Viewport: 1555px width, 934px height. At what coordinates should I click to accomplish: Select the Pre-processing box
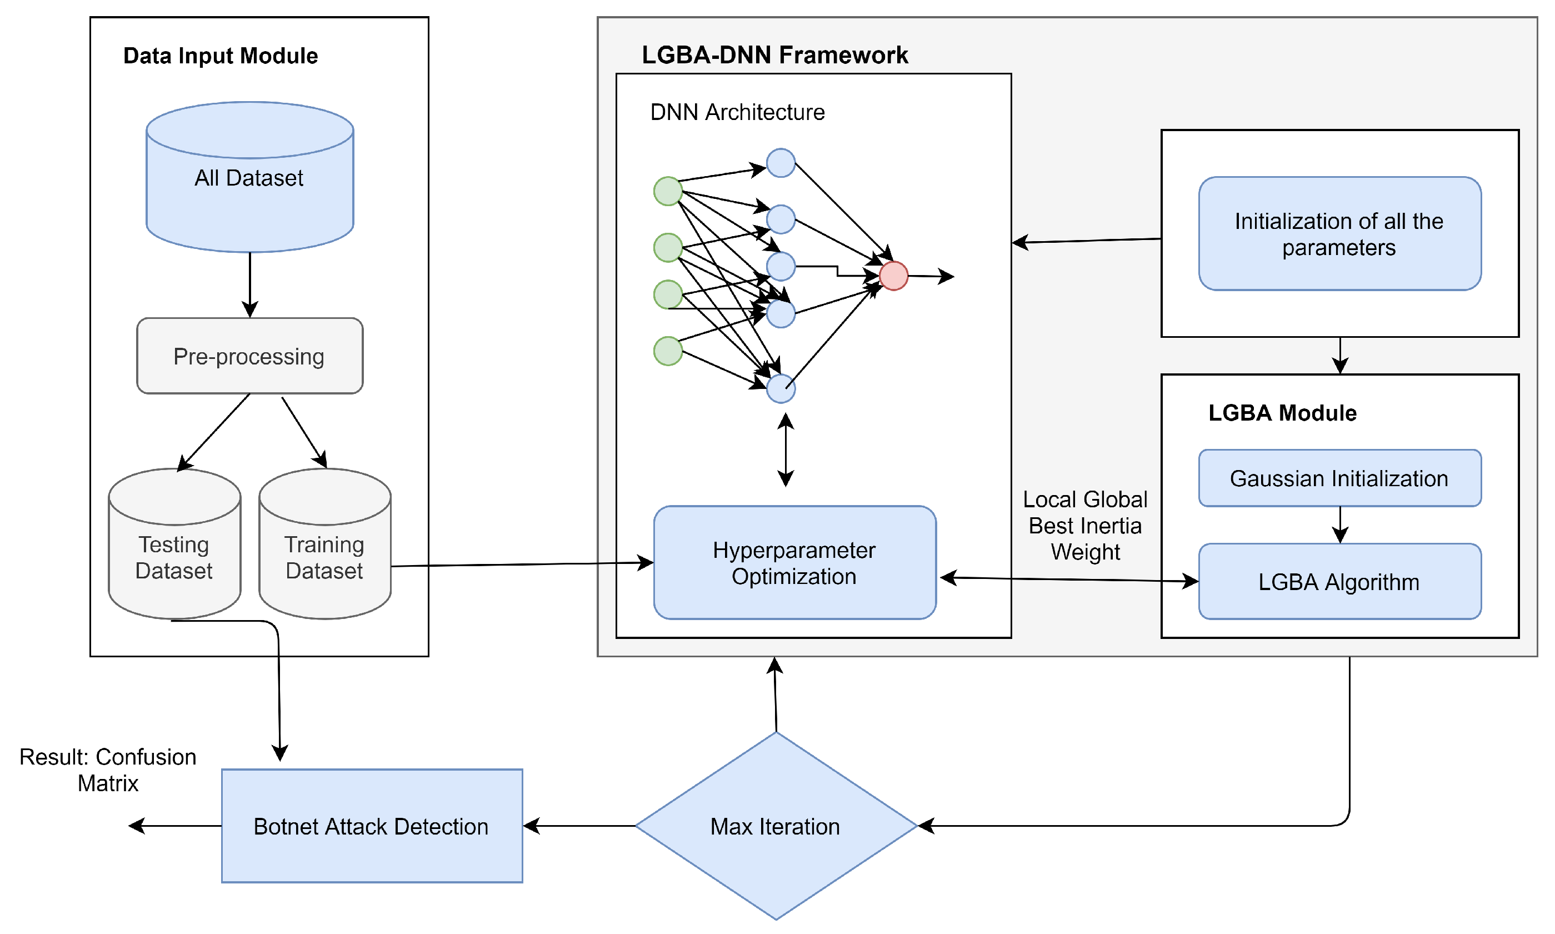tap(250, 356)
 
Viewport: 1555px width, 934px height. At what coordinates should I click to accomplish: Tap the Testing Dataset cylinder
tap(174, 557)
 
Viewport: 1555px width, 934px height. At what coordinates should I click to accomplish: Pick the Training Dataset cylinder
tap(324, 557)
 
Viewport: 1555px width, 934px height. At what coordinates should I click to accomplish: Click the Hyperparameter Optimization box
tap(794, 563)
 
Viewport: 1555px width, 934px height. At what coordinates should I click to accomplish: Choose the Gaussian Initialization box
tap(1339, 478)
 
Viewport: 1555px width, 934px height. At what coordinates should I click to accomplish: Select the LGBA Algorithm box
tap(1339, 582)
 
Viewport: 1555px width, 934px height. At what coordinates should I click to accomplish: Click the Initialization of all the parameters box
tap(1339, 234)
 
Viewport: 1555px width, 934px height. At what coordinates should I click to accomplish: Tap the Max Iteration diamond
tap(776, 826)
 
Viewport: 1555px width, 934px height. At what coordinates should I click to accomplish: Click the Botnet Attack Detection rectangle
tap(371, 826)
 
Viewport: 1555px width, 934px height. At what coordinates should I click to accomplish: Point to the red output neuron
tap(893, 276)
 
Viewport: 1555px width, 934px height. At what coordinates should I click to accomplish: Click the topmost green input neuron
tap(668, 191)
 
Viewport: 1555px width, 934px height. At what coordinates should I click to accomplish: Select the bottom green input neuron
tap(668, 351)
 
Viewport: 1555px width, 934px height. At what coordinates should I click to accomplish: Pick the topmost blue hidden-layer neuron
tap(781, 163)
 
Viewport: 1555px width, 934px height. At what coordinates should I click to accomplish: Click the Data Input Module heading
tap(220, 56)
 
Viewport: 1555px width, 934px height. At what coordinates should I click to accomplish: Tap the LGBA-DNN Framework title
tap(774, 56)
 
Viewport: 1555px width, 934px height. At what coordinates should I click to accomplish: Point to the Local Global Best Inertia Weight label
tap(1085, 526)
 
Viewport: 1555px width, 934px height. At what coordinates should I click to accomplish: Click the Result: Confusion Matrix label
tap(108, 770)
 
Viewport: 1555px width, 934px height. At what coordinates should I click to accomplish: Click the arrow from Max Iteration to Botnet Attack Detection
tap(579, 826)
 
